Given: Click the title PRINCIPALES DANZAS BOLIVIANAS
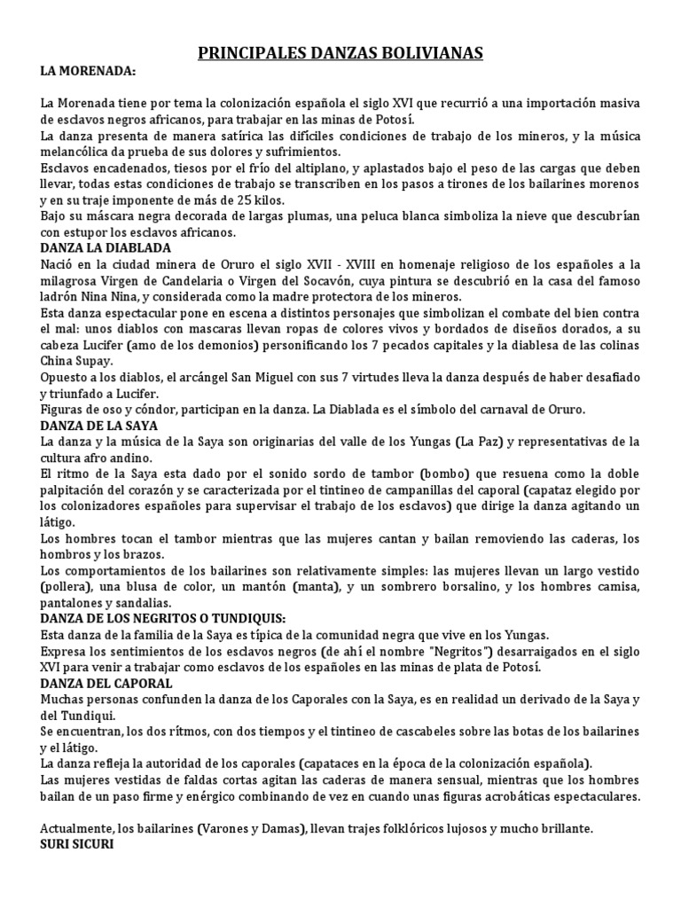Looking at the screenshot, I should (x=340, y=54).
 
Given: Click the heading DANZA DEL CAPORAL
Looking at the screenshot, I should (x=106, y=684).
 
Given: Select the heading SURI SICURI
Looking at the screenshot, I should (x=77, y=844).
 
